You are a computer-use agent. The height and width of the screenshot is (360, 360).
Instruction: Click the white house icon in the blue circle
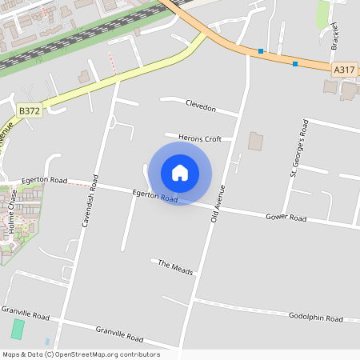[x=180, y=173]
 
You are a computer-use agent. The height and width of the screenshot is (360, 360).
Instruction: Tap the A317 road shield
[x=344, y=70]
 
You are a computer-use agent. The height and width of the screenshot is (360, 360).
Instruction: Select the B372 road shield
[x=29, y=110]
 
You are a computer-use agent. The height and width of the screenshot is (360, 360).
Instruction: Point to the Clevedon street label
[x=201, y=106]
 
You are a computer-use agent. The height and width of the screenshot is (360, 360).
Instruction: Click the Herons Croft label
[x=200, y=138]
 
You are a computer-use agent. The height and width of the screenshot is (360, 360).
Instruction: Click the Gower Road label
[x=286, y=218]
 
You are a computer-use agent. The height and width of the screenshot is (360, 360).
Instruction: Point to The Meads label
[x=175, y=268]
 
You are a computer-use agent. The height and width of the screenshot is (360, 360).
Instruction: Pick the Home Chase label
[x=10, y=216]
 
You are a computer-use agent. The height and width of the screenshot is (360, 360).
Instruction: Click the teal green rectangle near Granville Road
[x=18, y=329]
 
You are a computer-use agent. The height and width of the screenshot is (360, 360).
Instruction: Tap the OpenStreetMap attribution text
[x=81, y=354]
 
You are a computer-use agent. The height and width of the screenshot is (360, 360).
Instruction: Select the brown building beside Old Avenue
[x=255, y=142]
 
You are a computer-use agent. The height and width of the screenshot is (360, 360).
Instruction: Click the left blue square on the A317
[x=260, y=51]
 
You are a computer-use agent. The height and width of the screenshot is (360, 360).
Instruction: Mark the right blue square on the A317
[x=295, y=64]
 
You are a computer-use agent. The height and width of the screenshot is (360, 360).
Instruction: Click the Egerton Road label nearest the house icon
[x=154, y=195]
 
